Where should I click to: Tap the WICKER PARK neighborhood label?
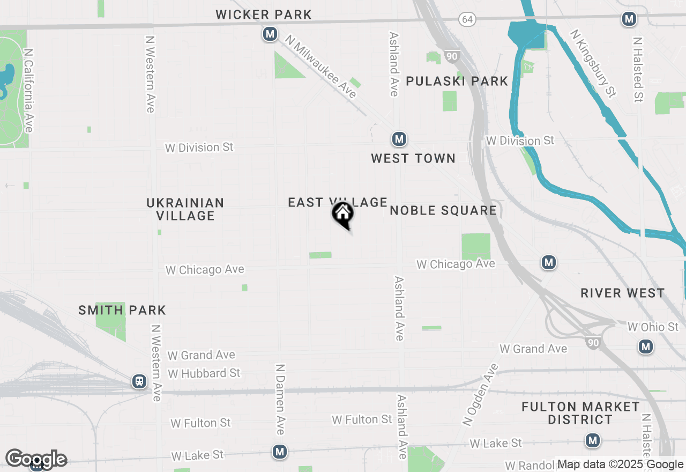[x=264, y=14]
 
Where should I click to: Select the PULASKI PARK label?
[x=457, y=81]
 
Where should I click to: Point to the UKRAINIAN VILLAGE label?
[x=185, y=209]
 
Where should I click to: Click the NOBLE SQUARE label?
[x=443, y=210]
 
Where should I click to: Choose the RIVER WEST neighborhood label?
[x=622, y=293]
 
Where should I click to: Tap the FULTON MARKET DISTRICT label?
[x=580, y=413]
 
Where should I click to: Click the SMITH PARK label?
[x=122, y=310]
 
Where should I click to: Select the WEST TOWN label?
[x=413, y=158]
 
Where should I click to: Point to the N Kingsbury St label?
[x=593, y=64]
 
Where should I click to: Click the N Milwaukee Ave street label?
[x=321, y=67]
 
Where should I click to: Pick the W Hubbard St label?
[x=204, y=373]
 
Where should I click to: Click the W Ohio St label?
[x=653, y=327]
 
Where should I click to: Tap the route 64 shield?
[x=467, y=19]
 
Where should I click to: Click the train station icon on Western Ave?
[x=139, y=381]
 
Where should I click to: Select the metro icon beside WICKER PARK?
[x=270, y=35]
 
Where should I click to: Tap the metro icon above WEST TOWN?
[x=399, y=139]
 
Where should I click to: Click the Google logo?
[x=36, y=459]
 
